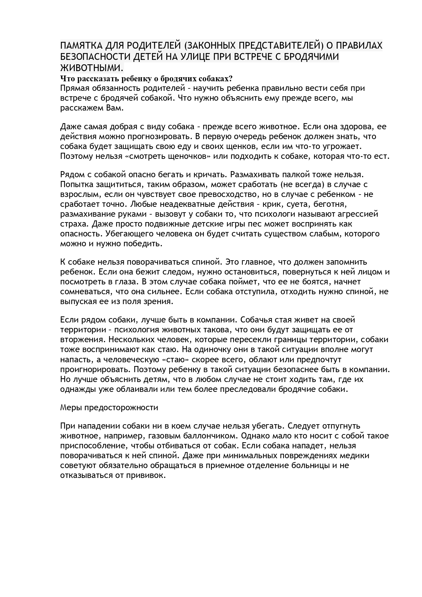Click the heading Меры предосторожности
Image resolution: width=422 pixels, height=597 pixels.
(x=109, y=408)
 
